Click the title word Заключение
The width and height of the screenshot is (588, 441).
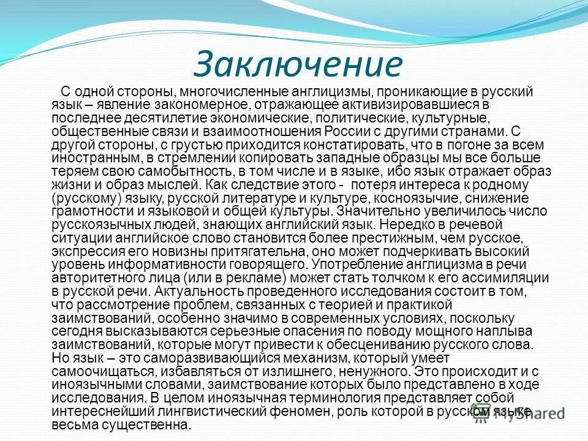[x=298, y=64]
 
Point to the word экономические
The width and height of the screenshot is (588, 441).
[x=246, y=118]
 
